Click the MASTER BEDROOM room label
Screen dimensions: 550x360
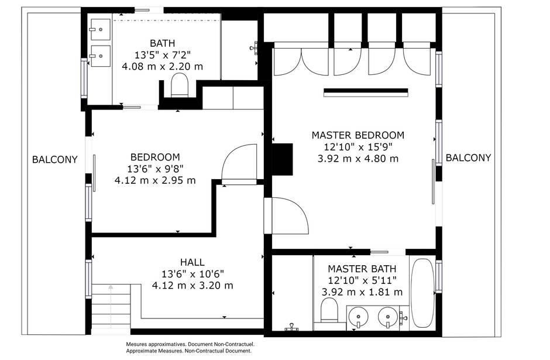[357, 135]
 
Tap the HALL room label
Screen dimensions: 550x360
[192, 262]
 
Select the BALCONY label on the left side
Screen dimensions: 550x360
[55, 160]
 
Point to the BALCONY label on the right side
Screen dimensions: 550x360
[468, 158]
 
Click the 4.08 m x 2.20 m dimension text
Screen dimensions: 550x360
[163, 66]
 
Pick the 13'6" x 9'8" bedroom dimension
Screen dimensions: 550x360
[156, 169]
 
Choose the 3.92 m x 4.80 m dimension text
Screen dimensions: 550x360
[357, 159]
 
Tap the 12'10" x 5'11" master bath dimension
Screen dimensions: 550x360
[362, 280]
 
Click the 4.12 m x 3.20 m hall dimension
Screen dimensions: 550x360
[192, 286]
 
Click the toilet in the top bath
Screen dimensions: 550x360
[180, 85]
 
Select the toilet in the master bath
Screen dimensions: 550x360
[329, 310]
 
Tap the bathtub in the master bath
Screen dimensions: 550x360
[422, 293]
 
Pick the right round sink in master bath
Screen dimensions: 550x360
[388, 317]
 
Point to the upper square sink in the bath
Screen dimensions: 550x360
[100, 29]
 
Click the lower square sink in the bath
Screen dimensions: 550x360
[100, 56]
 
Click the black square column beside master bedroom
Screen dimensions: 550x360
[283, 159]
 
